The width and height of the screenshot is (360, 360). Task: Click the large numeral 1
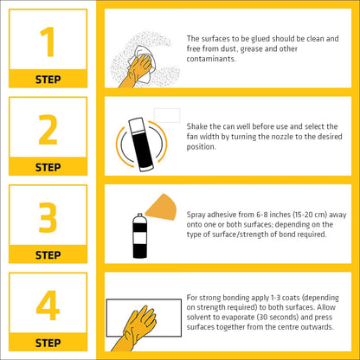point(48,41)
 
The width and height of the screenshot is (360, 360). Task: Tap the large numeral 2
point(48,129)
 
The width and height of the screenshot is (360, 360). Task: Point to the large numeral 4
point(48,305)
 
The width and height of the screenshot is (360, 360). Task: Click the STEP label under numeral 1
point(48,79)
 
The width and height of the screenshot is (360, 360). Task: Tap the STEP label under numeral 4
point(48,344)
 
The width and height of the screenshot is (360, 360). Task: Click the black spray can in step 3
point(138,237)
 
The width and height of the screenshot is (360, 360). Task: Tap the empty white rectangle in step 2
point(166,114)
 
